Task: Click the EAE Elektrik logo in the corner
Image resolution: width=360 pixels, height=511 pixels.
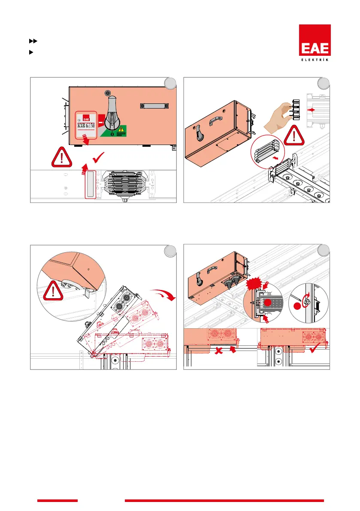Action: pyautogui.click(x=315, y=43)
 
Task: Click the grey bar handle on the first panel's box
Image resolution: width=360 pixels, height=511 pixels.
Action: pyautogui.click(x=152, y=106)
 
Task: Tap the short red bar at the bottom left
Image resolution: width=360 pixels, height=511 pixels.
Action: pyautogui.click(x=57, y=500)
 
